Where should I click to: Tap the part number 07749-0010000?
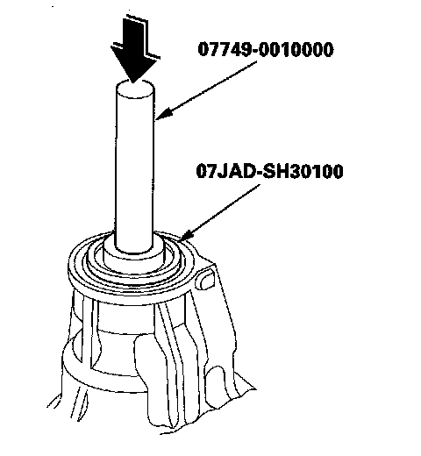[x=266, y=49]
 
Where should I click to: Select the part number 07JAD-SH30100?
[x=269, y=172]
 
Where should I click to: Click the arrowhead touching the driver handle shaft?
[x=164, y=114]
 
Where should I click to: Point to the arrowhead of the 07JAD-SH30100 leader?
[x=186, y=235]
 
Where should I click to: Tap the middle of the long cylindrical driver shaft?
[x=134, y=167]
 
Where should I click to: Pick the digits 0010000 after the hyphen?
[x=296, y=49]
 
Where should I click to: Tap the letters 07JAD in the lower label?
[x=225, y=172]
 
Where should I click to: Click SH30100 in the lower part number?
[x=303, y=172]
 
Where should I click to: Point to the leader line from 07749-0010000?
[x=206, y=90]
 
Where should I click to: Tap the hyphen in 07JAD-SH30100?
[x=259, y=173]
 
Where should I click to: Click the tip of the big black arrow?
[x=133, y=83]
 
